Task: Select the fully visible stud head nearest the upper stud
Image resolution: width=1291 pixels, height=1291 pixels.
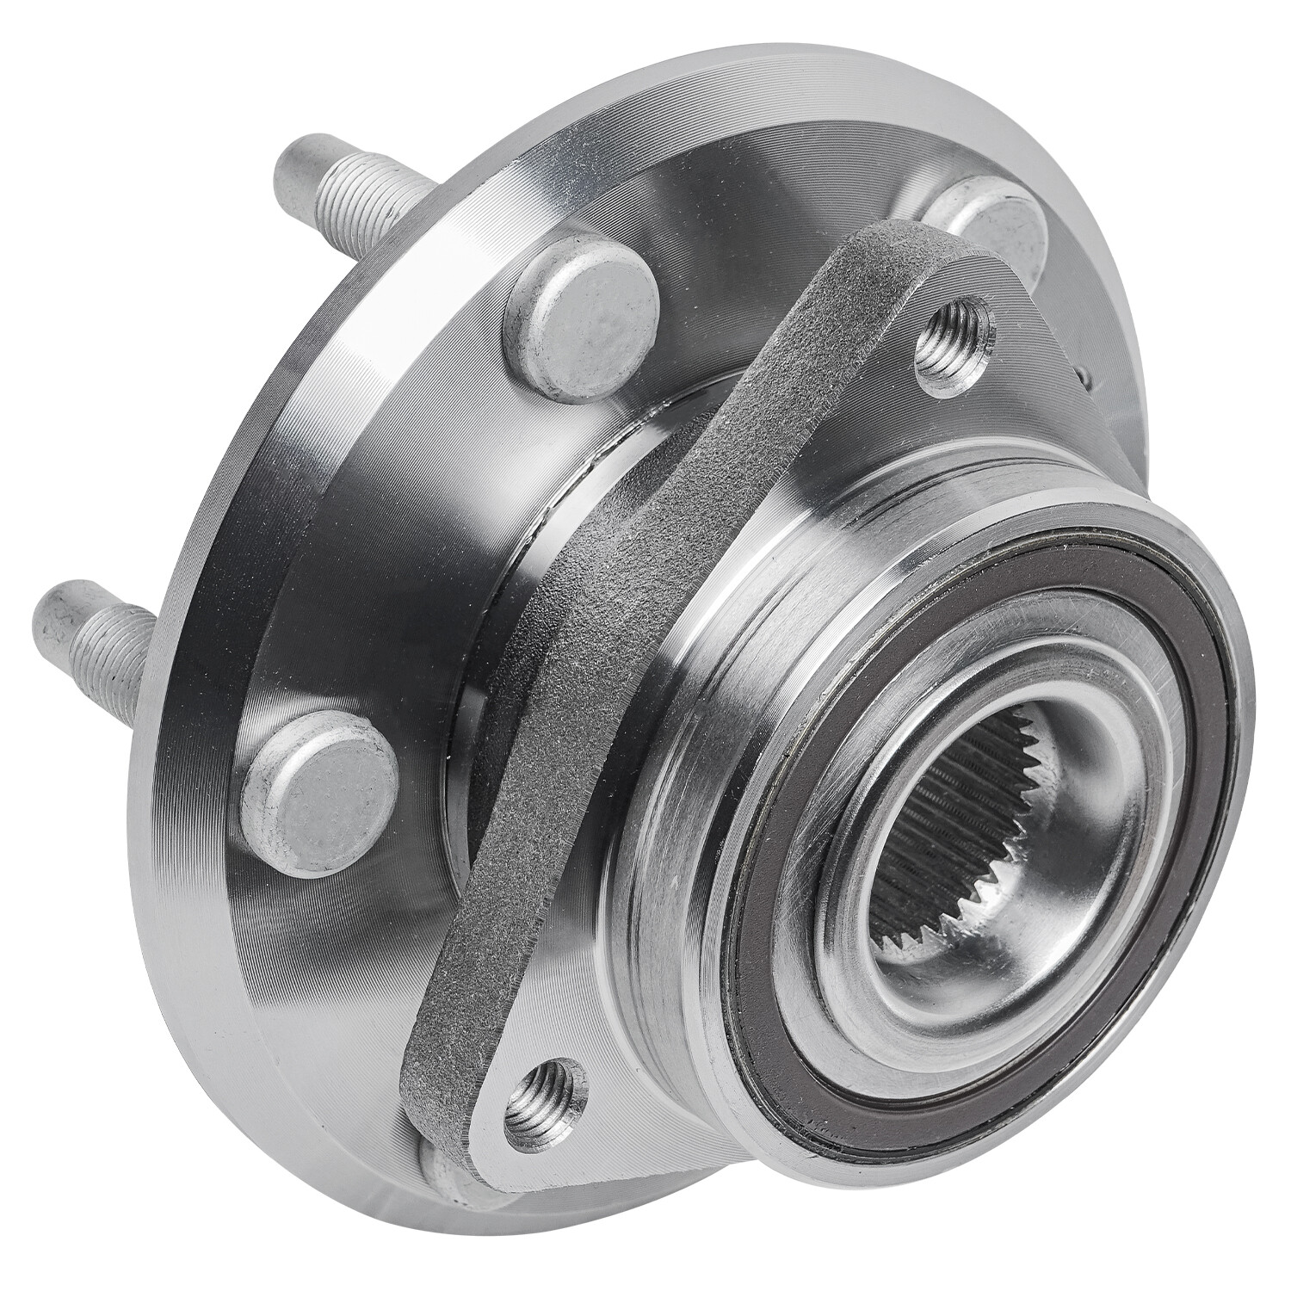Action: click(x=584, y=311)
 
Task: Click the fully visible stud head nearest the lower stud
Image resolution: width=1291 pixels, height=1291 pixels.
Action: click(x=318, y=788)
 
